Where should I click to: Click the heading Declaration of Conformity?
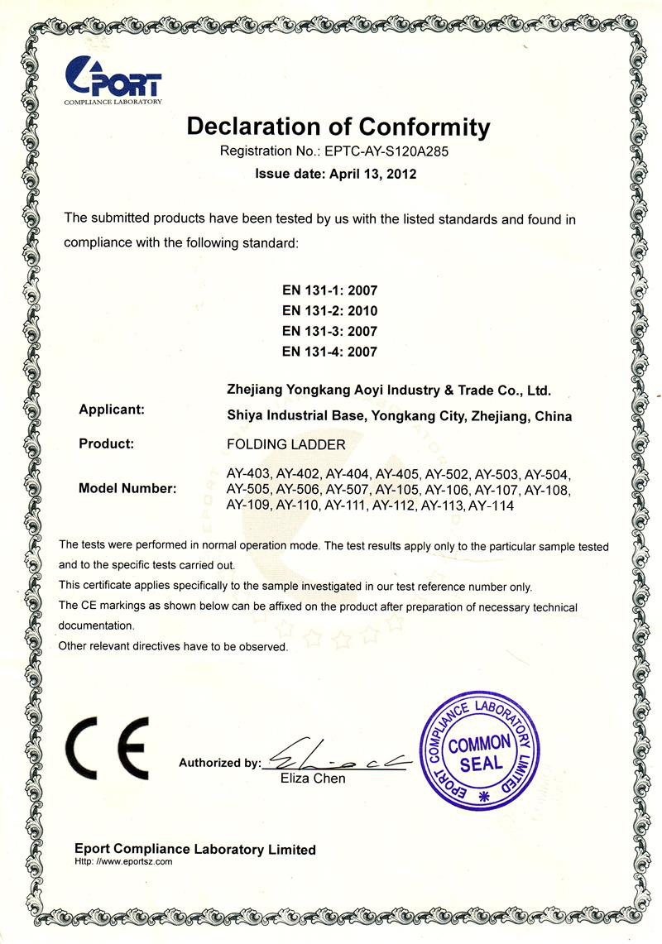[x=338, y=127]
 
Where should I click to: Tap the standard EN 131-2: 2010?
[x=329, y=311]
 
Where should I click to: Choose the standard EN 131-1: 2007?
[x=329, y=291]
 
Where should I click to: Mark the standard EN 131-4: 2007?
[x=329, y=351]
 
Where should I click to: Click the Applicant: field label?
[x=112, y=409]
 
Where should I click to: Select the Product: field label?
[x=106, y=443]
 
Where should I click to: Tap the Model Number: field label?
[x=127, y=488]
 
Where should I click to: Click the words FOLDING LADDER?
[x=285, y=444]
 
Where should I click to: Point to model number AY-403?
[x=248, y=475]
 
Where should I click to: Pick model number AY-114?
[x=492, y=505]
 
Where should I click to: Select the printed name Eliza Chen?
[x=314, y=779]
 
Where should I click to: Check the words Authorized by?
[x=219, y=764]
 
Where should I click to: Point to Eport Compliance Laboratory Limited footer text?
[x=195, y=849]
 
